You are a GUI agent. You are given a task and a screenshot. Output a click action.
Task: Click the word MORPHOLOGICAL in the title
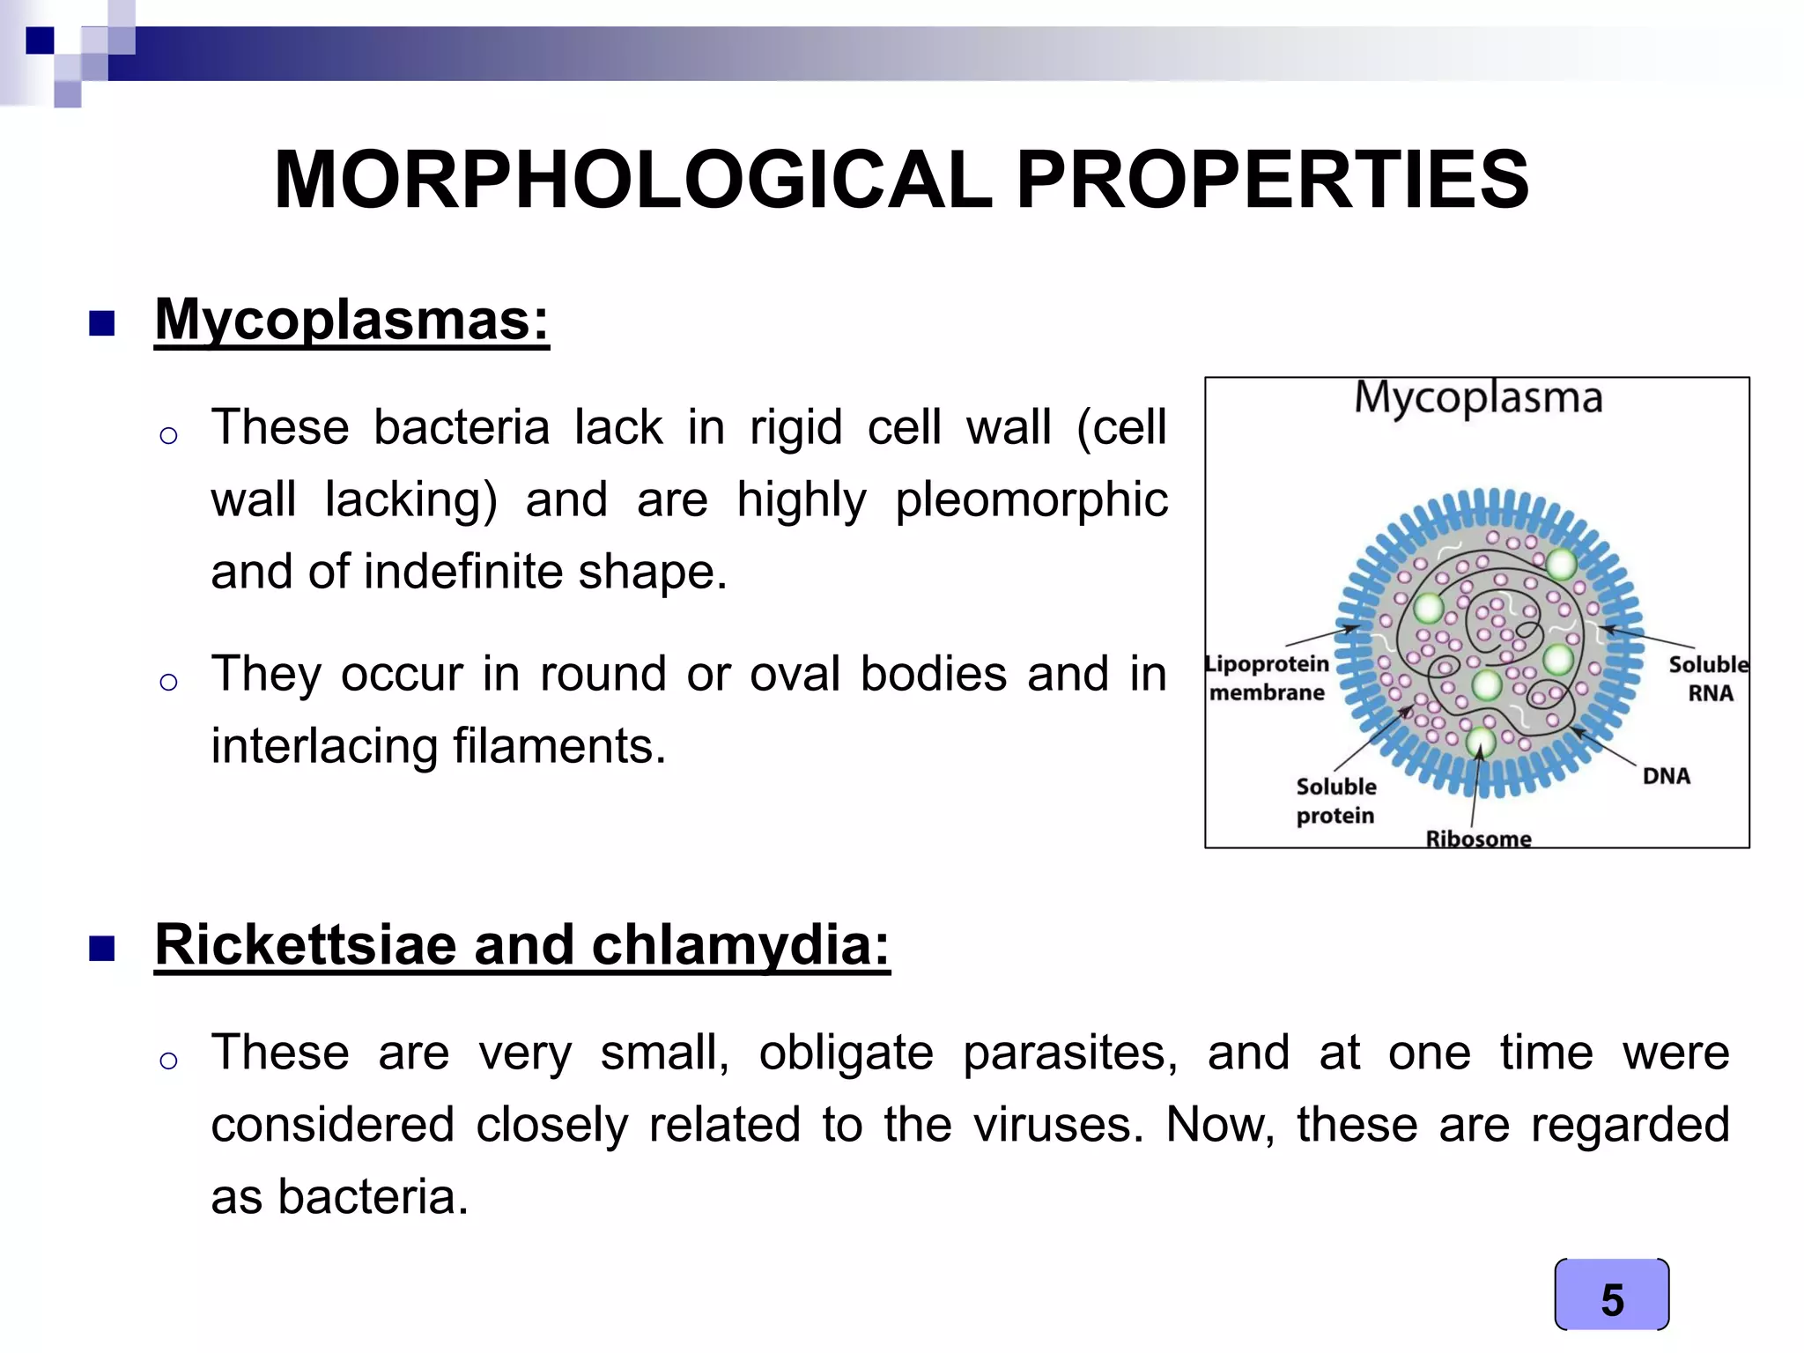632,181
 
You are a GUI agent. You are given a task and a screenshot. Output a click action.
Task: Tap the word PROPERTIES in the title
1272,181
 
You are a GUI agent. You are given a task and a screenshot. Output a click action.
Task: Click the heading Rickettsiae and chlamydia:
522,945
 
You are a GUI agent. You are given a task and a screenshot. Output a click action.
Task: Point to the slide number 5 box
1611,1295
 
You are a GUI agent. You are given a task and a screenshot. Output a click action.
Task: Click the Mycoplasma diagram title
1477,397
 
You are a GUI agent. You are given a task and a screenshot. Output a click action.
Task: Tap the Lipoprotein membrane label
1267,678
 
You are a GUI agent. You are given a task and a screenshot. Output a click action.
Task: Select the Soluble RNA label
1709,678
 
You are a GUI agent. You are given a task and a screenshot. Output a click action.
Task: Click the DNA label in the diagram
1666,776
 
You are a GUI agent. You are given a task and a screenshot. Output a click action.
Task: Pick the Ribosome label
1478,838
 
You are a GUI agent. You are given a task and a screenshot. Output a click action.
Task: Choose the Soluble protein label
1335,801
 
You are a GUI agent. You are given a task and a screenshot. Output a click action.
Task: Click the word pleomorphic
1031,499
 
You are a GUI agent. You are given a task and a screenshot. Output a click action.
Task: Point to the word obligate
846,1053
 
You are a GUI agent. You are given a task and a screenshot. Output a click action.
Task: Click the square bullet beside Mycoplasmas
102,323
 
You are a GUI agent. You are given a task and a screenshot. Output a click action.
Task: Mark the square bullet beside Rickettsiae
102,949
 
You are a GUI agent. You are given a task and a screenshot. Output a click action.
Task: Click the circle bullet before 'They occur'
169,681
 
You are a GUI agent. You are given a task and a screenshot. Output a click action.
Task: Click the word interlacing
323,746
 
